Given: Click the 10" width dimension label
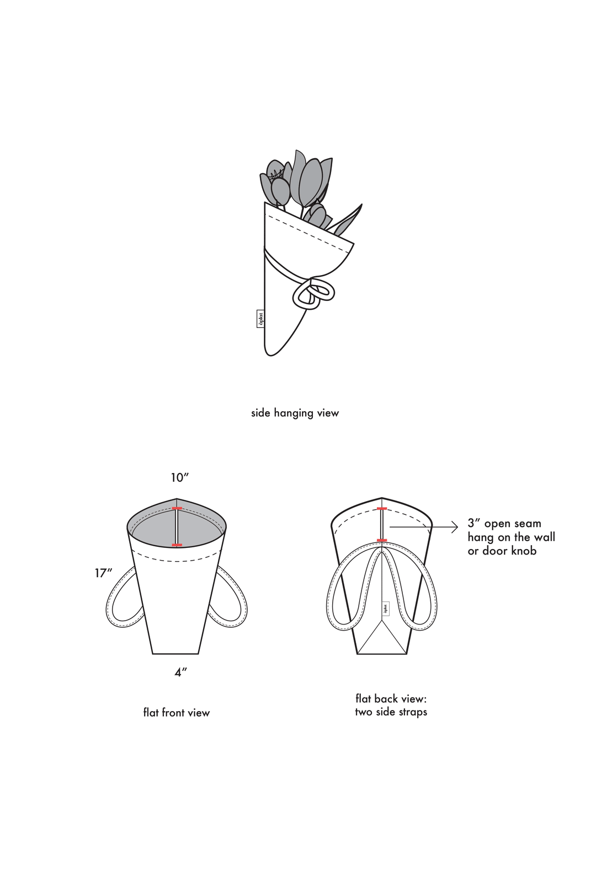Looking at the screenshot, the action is point(180,477).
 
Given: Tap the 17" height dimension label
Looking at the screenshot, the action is point(103,573).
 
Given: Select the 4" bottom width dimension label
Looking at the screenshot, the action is point(181,673).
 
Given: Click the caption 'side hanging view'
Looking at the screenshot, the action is point(295,413).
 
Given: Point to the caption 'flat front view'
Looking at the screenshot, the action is point(177,712).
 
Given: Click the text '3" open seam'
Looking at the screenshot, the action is point(504,524).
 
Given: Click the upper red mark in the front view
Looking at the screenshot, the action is point(177,508).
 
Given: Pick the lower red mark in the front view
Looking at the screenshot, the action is point(177,545).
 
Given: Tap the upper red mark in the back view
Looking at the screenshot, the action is point(382,509).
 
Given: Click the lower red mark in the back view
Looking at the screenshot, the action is point(382,540).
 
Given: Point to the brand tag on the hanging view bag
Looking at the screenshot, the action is point(260,319).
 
